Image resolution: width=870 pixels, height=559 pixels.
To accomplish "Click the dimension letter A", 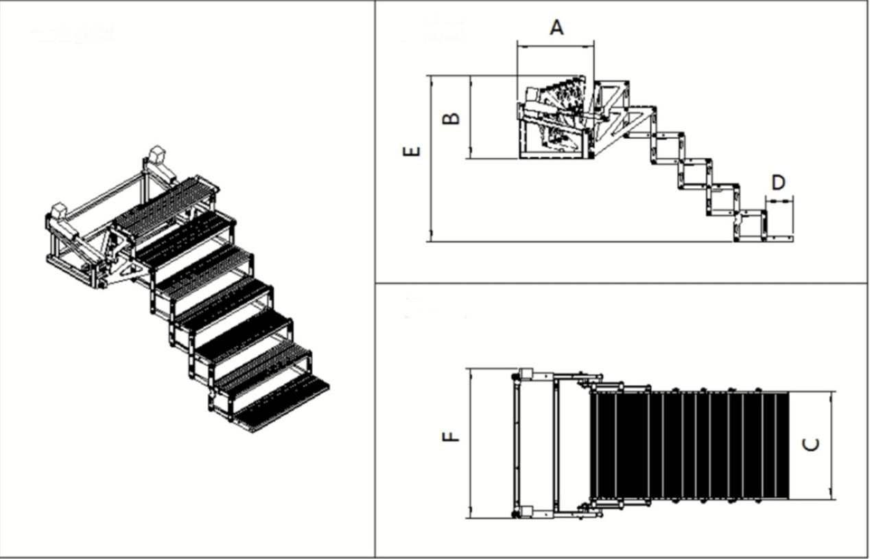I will [x=556, y=27].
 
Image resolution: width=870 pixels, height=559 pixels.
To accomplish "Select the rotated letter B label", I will [x=451, y=117].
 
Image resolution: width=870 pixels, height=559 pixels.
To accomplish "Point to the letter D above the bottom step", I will [x=778, y=183].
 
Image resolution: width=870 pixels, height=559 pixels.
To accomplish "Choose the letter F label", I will [x=451, y=436].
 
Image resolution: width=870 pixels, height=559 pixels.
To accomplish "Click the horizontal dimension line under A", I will [x=556, y=47].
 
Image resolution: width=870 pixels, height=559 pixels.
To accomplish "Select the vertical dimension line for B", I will [x=471, y=117].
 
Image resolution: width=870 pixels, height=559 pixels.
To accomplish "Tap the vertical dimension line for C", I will [x=832, y=445].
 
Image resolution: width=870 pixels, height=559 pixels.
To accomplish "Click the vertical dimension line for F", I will [x=471, y=443].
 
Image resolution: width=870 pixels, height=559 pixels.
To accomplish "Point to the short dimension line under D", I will [x=779, y=201].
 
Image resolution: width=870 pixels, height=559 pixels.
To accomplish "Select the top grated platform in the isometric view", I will [x=165, y=202].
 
